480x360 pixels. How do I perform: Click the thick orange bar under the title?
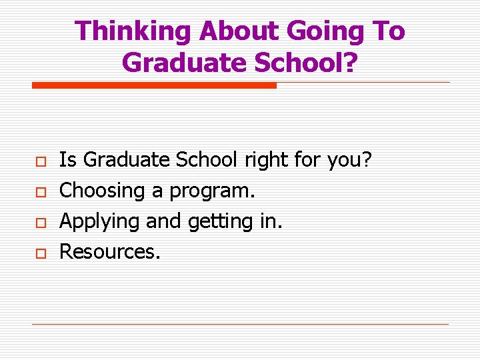pos(154,85)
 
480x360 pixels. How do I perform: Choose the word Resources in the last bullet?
pos(110,251)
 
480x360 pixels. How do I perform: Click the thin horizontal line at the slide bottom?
pos(240,325)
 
